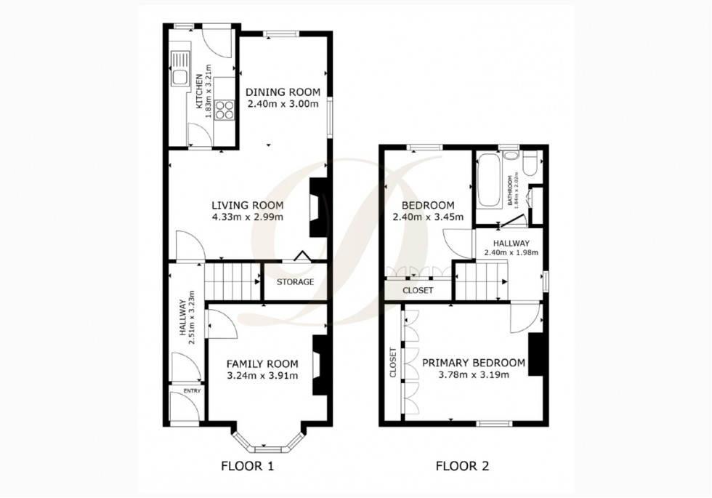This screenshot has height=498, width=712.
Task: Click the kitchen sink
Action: coord(179,69)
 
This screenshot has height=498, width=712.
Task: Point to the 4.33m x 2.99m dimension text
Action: coord(247,217)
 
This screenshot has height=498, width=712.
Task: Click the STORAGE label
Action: coord(295,282)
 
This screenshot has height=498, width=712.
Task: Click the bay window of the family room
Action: coord(267,438)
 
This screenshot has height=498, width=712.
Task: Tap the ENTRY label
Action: coord(192,391)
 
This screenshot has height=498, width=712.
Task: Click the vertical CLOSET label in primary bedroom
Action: coord(393,362)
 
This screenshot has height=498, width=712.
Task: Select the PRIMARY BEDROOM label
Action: coord(473,363)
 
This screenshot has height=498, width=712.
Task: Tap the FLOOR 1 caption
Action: coord(247,465)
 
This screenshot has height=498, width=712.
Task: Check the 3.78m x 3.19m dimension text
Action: coord(473,375)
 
